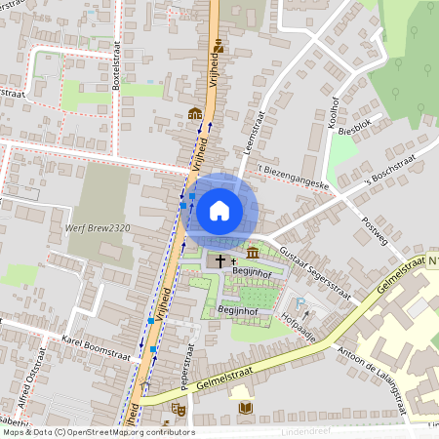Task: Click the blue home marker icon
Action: (x=219, y=210)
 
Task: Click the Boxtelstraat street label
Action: (x=116, y=69)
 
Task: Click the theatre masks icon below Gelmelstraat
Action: (x=178, y=409)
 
